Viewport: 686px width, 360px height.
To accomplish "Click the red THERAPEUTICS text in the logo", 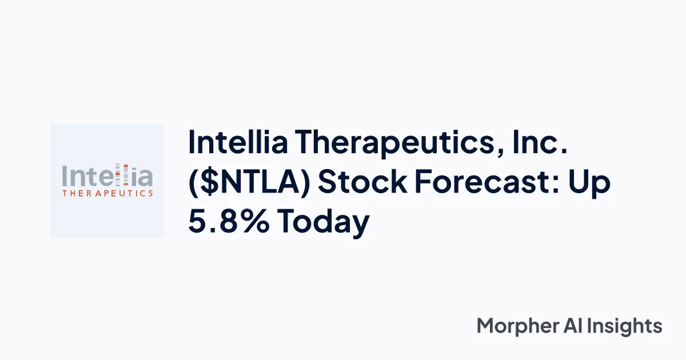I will [107, 193].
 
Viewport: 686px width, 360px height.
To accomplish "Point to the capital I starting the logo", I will [65, 176].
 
